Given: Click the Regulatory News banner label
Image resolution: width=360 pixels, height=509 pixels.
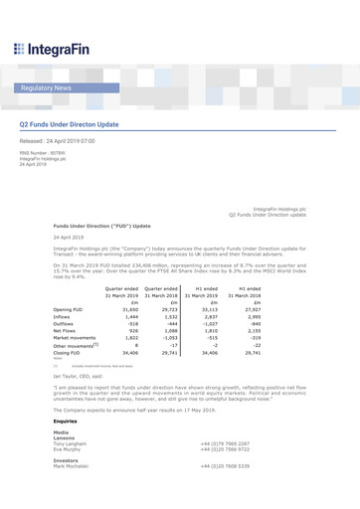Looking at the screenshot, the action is pos(49,88).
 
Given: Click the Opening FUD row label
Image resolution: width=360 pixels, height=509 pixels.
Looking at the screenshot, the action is pos(68,281).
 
